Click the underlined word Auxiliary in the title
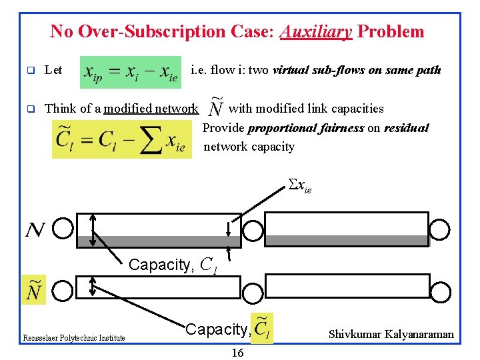click(316, 31)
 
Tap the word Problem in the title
click(391, 31)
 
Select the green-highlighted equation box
click(131, 72)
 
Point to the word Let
click(53, 70)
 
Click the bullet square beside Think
click(30, 108)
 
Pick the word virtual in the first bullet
click(294, 69)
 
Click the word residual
click(406, 127)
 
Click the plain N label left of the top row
click(35, 230)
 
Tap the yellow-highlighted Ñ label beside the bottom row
click(34, 290)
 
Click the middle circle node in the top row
click(253, 230)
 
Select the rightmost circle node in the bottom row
click(440, 289)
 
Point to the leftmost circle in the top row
click(63, 229)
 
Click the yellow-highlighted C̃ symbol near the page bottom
click(262, 329)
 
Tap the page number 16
click(237, 353)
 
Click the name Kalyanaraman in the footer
click(420, 334)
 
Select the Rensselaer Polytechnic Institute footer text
click(73, 338)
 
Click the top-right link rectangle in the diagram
click(347, 229)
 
